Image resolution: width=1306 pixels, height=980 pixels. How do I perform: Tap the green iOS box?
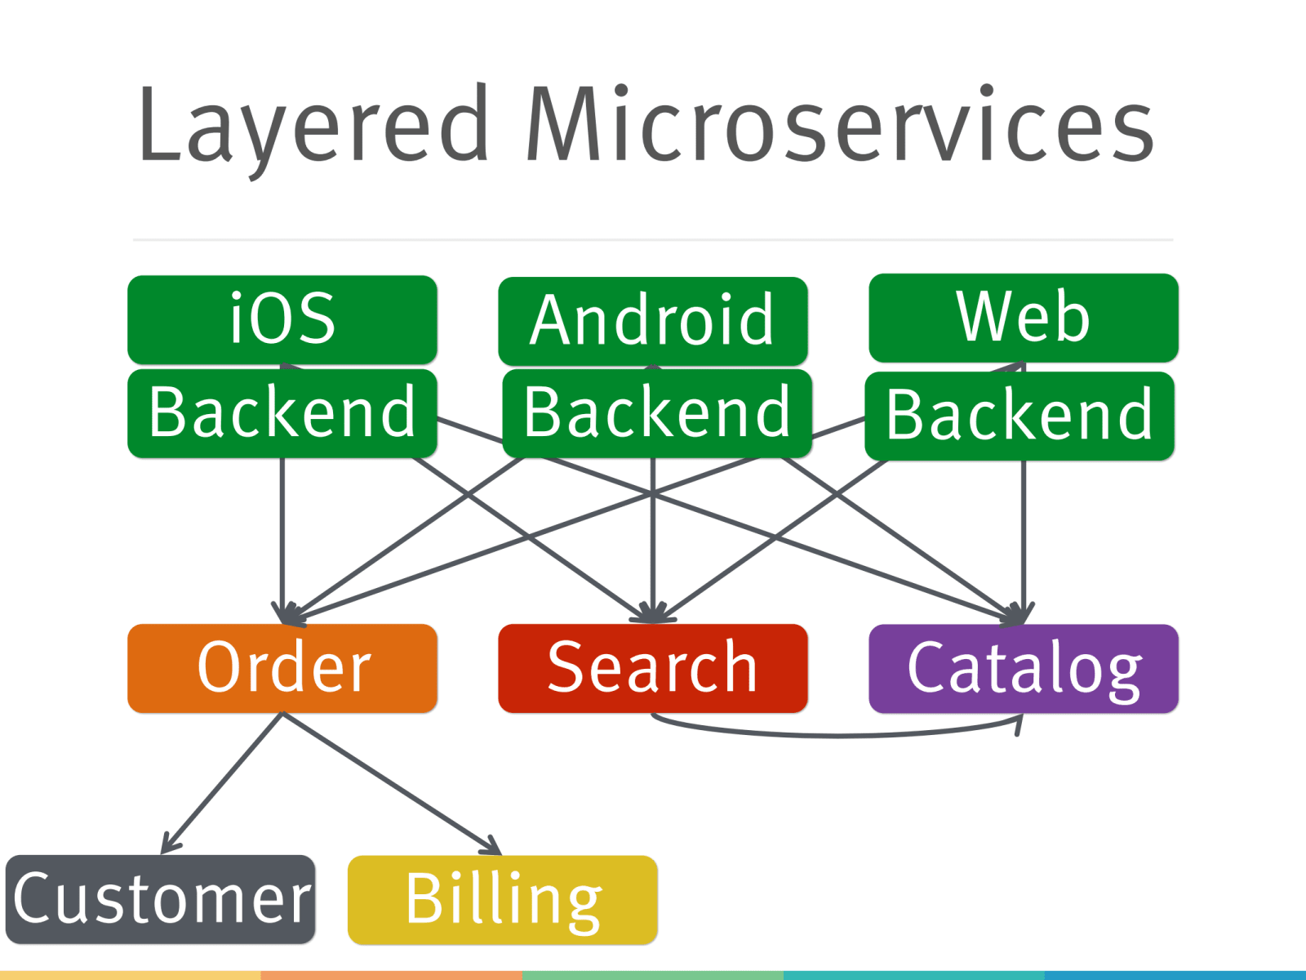point(282,319)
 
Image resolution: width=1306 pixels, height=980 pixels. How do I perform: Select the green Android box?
point(653,320)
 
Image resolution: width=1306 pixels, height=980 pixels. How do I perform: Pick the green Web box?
point(1024,317)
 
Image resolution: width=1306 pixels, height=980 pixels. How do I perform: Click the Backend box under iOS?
point(282,413)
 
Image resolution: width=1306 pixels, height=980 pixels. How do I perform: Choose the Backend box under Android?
point(657,413)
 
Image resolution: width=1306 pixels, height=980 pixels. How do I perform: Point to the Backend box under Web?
point(1019,416)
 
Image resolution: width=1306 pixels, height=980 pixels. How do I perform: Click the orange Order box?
point(282,668)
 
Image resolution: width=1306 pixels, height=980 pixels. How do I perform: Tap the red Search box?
point(653,668)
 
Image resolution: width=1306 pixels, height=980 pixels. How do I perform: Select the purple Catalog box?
point(1024,668)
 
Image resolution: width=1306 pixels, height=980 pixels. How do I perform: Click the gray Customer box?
point(160,899)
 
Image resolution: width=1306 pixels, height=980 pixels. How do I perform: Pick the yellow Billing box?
point(503,899)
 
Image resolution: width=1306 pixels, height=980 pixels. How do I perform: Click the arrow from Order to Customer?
point(222,784)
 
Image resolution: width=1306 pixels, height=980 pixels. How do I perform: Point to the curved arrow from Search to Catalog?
point(833,735)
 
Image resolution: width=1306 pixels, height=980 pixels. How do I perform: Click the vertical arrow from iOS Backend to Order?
point(282,539)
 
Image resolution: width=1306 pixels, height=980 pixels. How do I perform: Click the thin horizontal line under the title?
point(653,240)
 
